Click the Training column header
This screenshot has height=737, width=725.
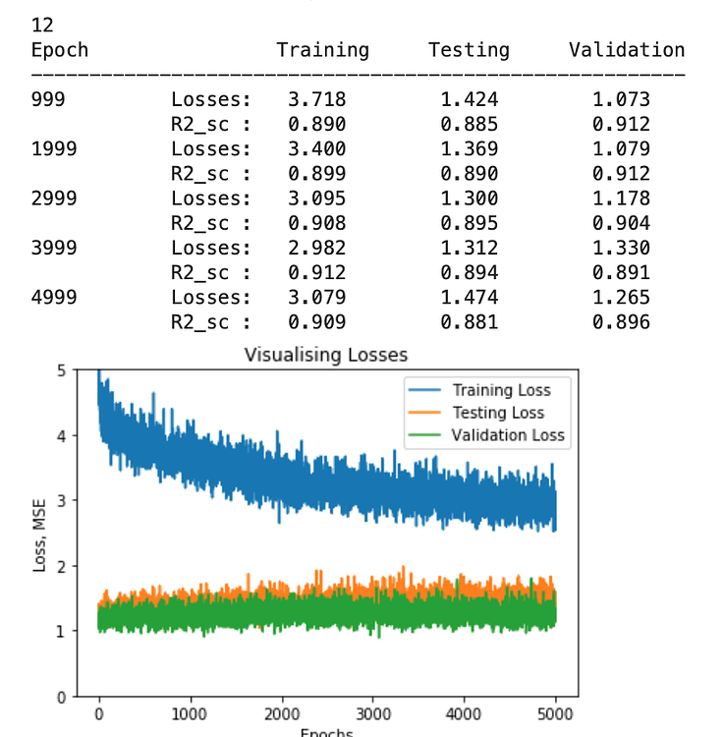click(322, 50)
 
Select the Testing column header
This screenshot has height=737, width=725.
click(469, 50)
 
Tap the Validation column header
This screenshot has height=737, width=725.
click(626, 50)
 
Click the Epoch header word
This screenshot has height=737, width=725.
click(60, 50)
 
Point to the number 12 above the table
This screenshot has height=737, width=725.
click(43, 26)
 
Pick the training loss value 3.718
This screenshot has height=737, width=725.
click(316, 99)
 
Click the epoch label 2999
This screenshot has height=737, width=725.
click(54, 198)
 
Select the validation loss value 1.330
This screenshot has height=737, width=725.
click(621, 249)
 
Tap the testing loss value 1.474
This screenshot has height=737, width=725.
click(469, 298)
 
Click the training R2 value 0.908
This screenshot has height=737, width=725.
click(316, 223)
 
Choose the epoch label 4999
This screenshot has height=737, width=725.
click(54, 298)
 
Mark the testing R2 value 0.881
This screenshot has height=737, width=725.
click(469, 322)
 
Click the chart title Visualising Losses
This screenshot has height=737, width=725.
click(325, 355)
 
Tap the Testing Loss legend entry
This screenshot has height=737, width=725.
click(497, 413)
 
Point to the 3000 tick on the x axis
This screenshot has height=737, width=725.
click(373, 714)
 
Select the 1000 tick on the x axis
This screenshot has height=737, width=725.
click(190, 714)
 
